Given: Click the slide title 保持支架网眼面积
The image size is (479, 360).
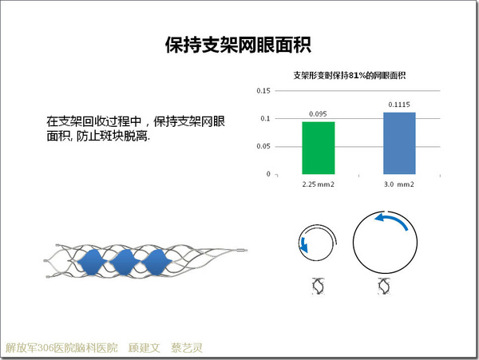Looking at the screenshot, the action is [238, 45].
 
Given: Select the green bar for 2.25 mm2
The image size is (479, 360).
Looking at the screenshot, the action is [319, 148].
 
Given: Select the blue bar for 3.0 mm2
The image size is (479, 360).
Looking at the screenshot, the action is [399, 143].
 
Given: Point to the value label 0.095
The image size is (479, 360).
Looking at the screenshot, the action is [318, 114].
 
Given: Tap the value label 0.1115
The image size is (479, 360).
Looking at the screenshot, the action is [399, 105].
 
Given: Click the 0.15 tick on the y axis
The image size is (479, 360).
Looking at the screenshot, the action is [263, 91].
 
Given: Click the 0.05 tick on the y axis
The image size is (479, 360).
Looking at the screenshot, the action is [263, 146].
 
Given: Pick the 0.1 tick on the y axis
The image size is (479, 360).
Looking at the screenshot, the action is [265, 118].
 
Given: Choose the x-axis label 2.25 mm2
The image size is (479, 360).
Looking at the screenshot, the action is [319, 184].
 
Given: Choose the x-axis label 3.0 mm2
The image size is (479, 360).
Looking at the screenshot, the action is [399, 184].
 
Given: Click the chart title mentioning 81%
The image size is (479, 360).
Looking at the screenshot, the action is [350, 75].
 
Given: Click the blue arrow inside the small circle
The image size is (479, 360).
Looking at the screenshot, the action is [303, 244].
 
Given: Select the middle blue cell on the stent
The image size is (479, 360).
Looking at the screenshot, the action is [125, 262].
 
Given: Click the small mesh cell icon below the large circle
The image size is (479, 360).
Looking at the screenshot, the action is [384, 286].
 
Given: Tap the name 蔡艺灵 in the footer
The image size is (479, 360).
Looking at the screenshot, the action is [187, 348].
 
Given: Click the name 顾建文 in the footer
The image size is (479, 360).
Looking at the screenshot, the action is [144, 348].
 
